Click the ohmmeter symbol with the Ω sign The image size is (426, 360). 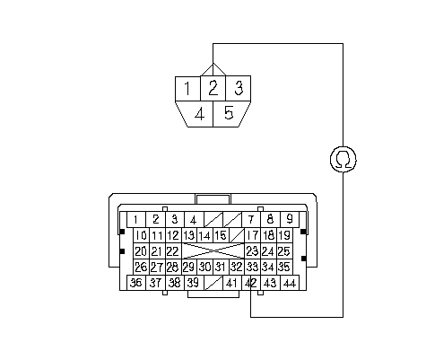(343, 159)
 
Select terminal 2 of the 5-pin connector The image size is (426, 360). (213, 88)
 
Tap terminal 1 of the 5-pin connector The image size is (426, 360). (187, 88)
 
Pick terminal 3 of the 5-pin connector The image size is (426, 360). (239, 88)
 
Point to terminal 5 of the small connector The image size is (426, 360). (229, 114)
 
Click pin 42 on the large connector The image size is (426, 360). (251, 283)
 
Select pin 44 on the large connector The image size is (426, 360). (290, 283)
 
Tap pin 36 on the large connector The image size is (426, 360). (136, 283)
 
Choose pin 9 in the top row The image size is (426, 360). (290, 219)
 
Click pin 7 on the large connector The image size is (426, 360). (251, 219)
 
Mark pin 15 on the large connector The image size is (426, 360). (221, 235)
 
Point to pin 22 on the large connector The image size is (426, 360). (173, 251)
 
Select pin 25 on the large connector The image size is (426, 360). (284, 251)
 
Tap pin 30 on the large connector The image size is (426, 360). (204, 267)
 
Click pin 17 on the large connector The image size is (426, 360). (253, 235)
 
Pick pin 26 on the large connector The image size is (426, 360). (141, 267)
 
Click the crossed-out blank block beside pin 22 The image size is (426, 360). (213, 251)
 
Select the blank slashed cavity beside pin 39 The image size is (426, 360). (213, 283)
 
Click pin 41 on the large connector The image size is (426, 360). (232, 283)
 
